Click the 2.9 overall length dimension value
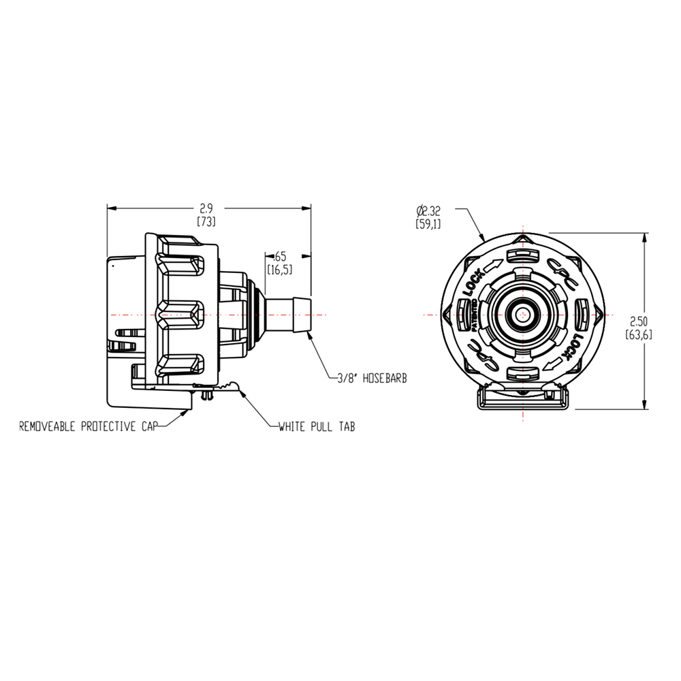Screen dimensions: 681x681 (x=205, y=209)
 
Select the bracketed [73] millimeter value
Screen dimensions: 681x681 (x=206, y=222)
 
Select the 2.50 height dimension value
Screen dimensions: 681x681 (x=639, y=321)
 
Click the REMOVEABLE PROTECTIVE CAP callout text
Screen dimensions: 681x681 (x=88, y=427)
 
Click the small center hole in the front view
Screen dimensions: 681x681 (x=522, y=315)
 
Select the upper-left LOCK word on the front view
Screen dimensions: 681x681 (x=474, y=284)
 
